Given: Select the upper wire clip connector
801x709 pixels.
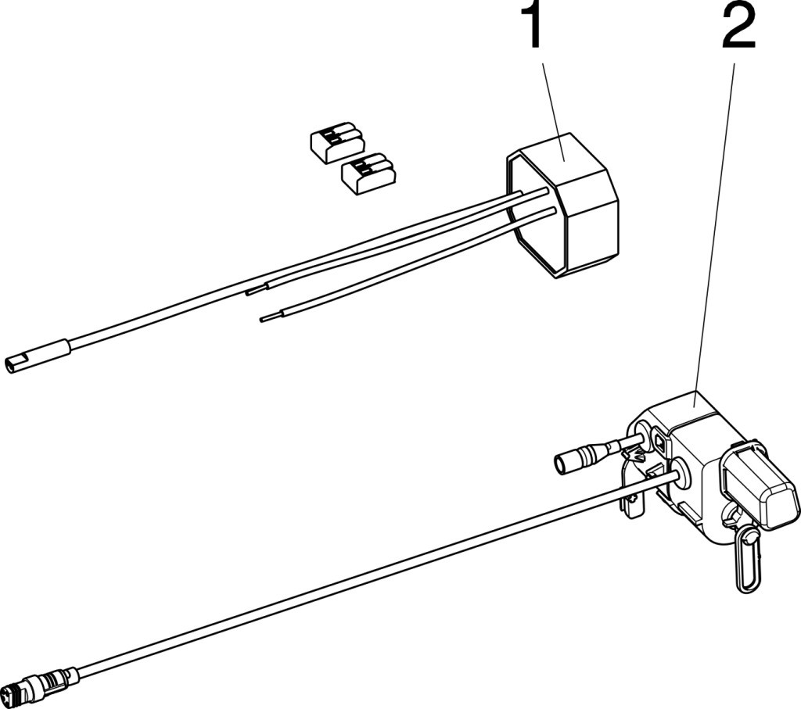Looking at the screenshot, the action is click(336, 142).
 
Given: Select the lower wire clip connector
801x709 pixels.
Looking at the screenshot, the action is click(368, 174).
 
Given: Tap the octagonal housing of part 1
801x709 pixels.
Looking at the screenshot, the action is click(562, 206).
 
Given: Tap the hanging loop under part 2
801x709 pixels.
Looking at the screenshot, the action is click(747, 560).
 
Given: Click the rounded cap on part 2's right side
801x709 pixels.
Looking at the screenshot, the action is click(759, 481).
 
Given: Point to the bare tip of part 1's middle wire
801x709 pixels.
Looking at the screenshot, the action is click(256, 290).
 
